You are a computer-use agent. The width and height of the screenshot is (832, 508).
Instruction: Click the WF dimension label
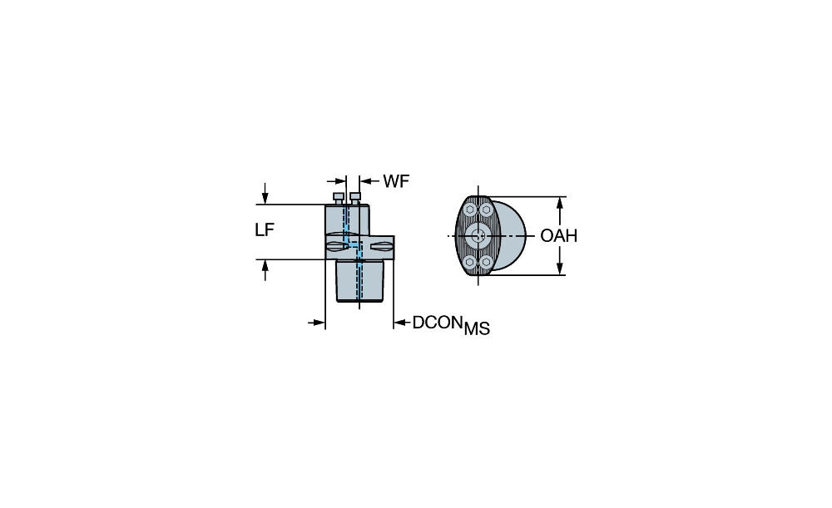pos(396,181)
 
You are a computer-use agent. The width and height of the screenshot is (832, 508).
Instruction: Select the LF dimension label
pos(265,230)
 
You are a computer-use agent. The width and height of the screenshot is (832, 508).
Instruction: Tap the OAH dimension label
pos(559,235)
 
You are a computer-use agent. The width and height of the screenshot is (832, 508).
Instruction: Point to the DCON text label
pos(435,323)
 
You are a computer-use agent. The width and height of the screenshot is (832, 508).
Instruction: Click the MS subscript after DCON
pos(477,329)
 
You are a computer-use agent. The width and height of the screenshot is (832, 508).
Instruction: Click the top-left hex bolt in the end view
pos(470,210)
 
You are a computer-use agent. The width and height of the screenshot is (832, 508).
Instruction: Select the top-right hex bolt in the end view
pos(486,210)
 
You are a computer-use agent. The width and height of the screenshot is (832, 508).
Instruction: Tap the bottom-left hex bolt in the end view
pos(470,261)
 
